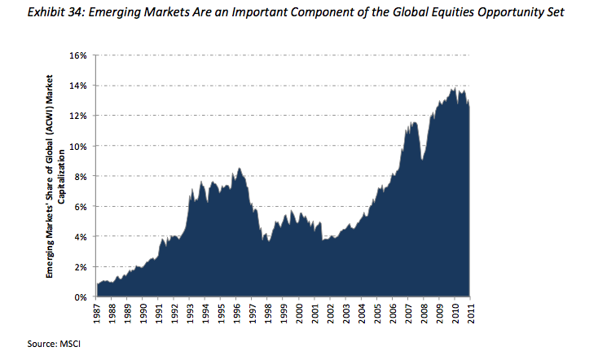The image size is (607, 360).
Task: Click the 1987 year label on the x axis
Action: point(97,315)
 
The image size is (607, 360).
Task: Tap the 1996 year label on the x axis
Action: point(236,315)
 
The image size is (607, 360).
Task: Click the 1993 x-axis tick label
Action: point(190,315)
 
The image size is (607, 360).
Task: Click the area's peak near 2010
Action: point(454,88)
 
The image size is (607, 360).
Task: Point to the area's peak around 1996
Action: point(239,168)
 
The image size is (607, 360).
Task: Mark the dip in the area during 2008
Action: point(422,160)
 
